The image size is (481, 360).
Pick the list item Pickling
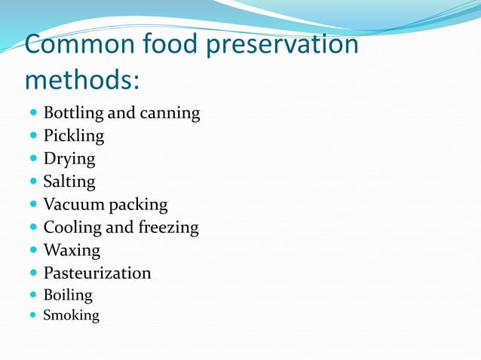[x=74, y=136]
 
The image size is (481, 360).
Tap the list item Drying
[x=69, y=159]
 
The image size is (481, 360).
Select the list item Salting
[x=69, y=182]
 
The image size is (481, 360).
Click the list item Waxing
[x=72, y=250]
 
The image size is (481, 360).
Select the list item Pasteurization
[x=97, y=273]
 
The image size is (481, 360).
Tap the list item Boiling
[x=68, y=295]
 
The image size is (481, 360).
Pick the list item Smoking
[x=71, y=316]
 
